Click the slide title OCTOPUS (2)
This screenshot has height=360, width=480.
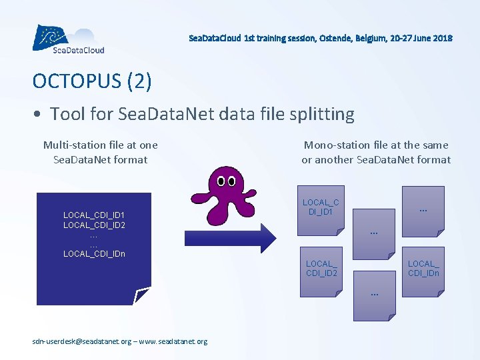click(92, 81)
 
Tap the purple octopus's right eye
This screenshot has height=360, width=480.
click(232, 181)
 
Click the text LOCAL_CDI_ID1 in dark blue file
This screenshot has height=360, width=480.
click(94, 215)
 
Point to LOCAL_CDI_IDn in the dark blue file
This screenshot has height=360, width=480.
click(94, 253)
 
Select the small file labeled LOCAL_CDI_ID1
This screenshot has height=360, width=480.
click(321, 208)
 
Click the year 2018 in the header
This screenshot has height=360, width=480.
click(442, 38)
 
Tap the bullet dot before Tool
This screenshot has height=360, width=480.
click(38, 115)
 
